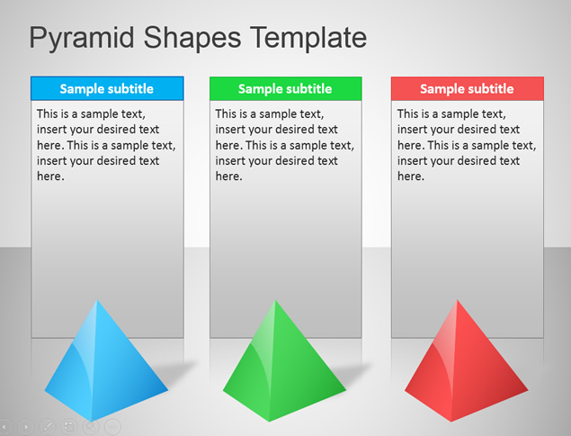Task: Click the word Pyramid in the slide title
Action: (82, 39)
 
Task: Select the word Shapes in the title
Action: (192, 39)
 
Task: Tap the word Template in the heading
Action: (308, 37)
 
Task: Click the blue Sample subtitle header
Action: (107, 88)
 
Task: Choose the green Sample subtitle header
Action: (286, 88)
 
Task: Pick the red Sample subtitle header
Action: (468, 88)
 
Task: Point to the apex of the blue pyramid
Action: (97, 300)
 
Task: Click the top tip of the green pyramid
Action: (276, 300)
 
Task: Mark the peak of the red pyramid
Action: (457, 300)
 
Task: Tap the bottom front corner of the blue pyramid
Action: (91, 421)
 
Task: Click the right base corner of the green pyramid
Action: (345, 389)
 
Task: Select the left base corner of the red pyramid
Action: (405, 390)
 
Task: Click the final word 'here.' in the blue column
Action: (50, 177)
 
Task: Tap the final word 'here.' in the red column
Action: (411, 177)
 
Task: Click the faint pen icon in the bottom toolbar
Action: (48, 426)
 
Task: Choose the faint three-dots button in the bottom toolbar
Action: (112, 426)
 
